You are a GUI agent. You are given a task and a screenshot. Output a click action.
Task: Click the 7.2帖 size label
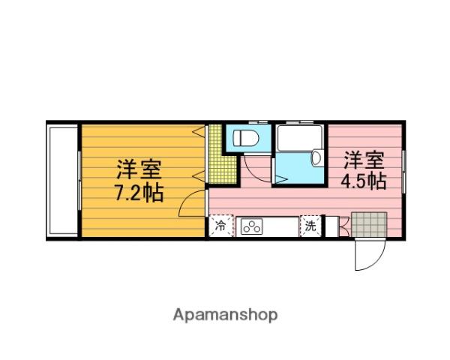pyautogui.click(x=139, y=193)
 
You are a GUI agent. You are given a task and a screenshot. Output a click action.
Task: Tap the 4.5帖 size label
pyautogui.click(x=364, y=181)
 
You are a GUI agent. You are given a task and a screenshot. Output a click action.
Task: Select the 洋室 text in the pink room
pyautogui.click(x=364, y=160)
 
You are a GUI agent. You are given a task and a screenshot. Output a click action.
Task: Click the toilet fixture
pyautogui.click(x=244, y=137)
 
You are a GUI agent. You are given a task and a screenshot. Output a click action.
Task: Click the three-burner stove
pyautogui.click(x=250, y=226)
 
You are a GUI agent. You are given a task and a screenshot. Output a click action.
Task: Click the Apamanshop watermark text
pyautogui.click(x=226, y=315)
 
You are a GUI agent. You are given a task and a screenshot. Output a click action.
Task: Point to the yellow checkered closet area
pyautogui.click(x=217, y=154)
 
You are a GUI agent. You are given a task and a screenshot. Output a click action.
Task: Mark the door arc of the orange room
pyautogui.click(x=194, y=204)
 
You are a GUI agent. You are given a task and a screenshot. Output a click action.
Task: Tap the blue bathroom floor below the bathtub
pyautogui.click(x=294, y=169)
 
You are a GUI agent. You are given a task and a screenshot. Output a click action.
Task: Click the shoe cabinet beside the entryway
pyautogui.click(x=343, y=226)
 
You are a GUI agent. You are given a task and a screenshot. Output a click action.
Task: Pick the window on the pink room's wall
pyautogui.click(x=403, y=169)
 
